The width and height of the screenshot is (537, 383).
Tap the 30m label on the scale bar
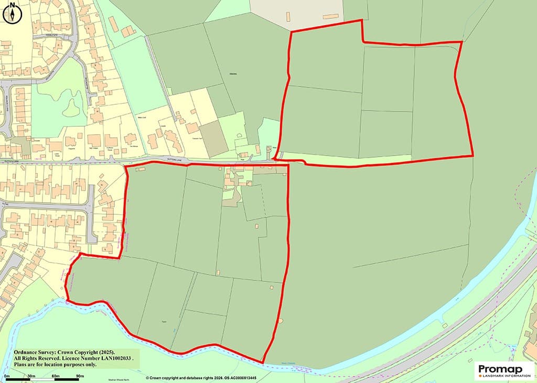[x=31, y=377]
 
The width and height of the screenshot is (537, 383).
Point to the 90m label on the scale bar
[x=80, y=377]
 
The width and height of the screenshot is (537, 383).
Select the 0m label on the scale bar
[x=7, y=377]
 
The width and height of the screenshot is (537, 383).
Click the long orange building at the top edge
[x=330, y=16]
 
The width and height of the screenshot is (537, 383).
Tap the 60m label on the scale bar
[x=55, y=377]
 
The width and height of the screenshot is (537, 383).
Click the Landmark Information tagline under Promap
[x=504, y=376]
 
